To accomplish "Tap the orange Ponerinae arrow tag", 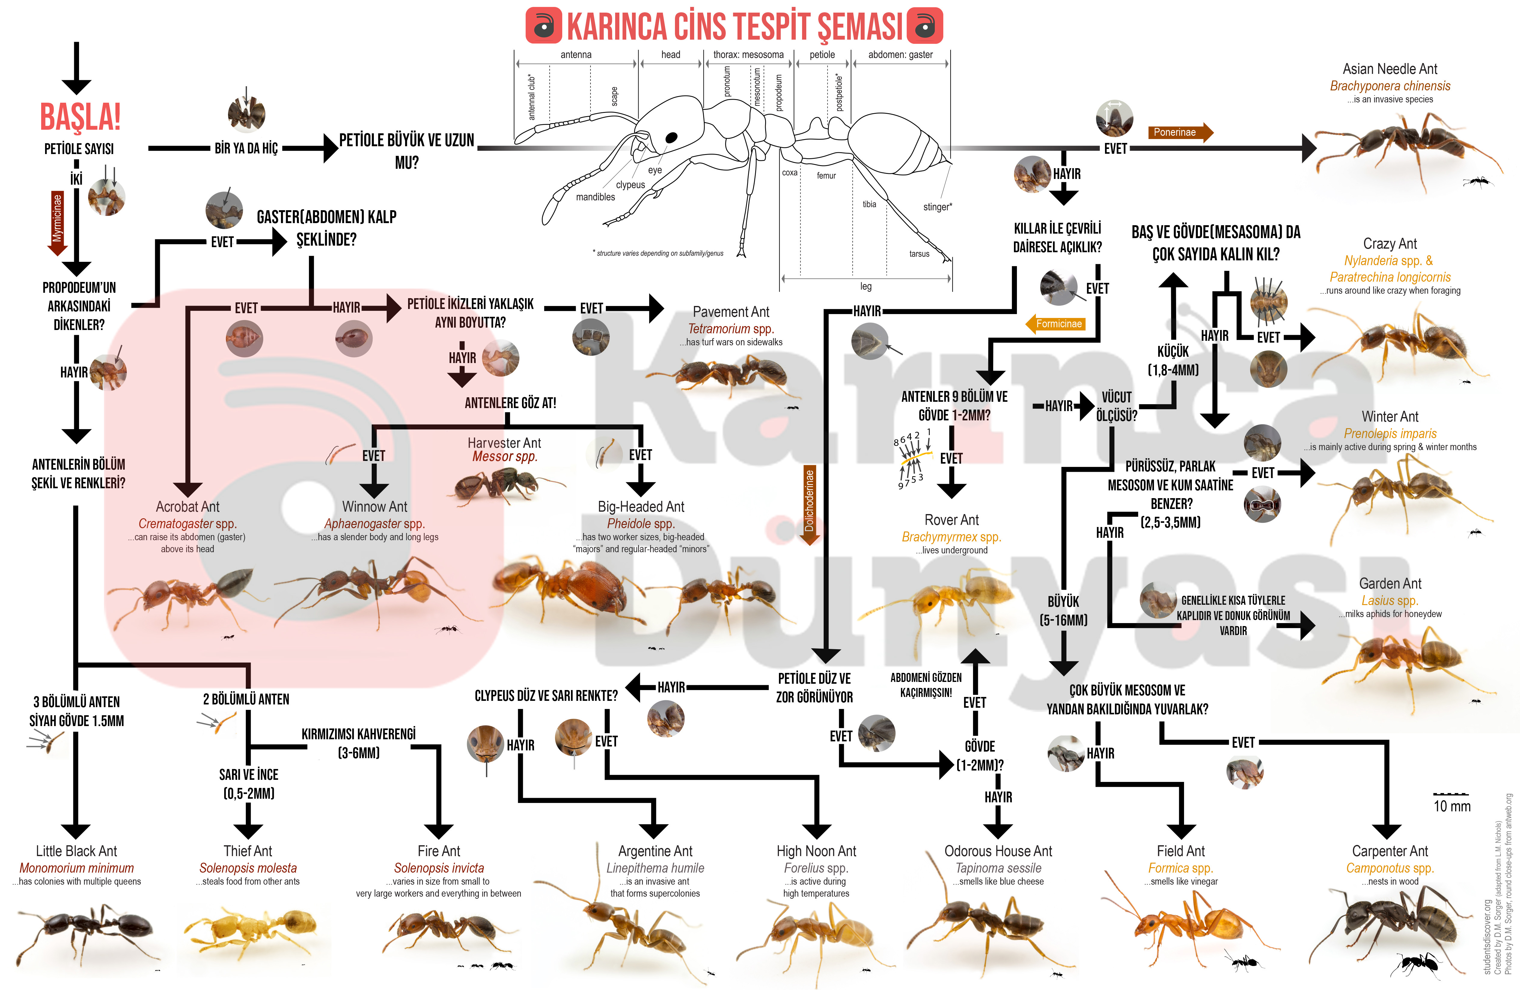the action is (1180, 132).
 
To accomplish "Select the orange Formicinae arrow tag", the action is (1055, 324).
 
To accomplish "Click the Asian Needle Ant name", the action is (1390, 69).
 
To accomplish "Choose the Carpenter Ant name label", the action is (1390, 851).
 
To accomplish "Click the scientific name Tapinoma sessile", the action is (998, 868).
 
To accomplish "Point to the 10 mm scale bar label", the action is (1452, 806).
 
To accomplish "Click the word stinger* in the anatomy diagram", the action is (937, 207).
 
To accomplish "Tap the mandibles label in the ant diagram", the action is (595, 197).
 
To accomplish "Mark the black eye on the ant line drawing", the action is (671, 138).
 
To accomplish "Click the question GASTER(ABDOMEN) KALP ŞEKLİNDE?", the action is (326, 228).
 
